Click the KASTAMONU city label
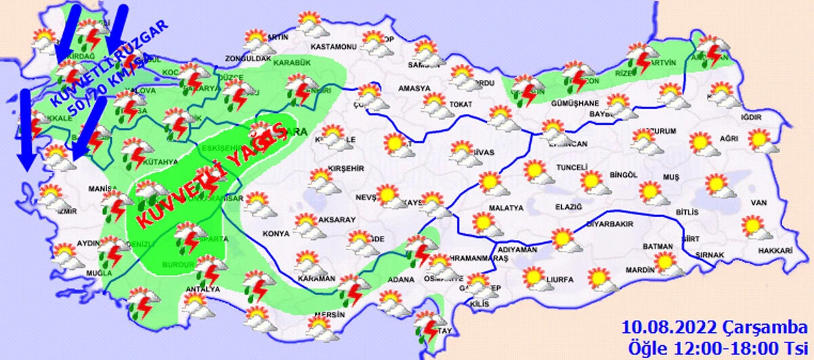[333, 47]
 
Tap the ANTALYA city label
[202, 290]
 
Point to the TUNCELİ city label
[551, 167]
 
